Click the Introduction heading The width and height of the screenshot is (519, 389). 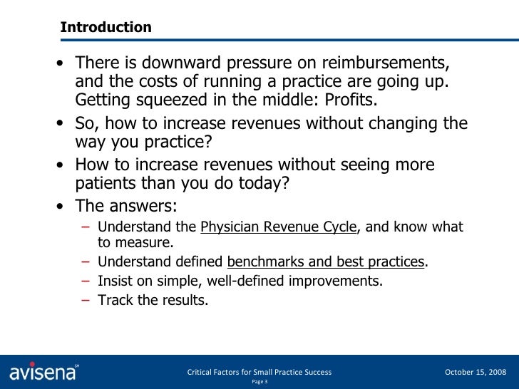(x=106, y=28)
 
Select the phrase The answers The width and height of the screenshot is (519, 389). (x=126, y=207)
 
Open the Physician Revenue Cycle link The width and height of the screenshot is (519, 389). (x=278, y=227)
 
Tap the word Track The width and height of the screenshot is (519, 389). (x=114, y=300)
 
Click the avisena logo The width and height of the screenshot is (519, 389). (x=44, y=372)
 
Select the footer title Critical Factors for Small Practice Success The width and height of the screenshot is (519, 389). (x=258, y=372)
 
